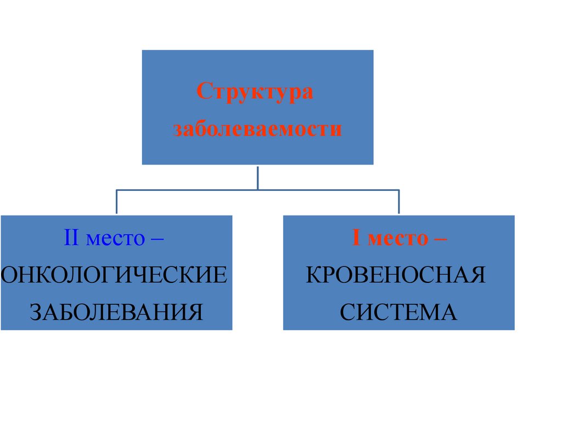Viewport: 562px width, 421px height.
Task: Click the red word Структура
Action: pos(255,92)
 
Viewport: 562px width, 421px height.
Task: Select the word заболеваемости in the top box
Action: pos(257,130)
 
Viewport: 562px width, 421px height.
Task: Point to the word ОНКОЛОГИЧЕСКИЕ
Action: pos(114,275)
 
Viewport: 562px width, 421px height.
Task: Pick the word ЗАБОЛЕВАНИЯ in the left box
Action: pos(116,312)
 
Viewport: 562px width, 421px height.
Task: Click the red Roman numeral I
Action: pos(356,238)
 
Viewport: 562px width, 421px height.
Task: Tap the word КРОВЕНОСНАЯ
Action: pos(396,275)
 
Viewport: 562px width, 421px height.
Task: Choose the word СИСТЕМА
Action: pos(398,312)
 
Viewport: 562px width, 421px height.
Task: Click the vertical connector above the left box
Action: pos(116,202)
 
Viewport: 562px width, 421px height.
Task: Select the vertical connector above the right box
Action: pos(398,202)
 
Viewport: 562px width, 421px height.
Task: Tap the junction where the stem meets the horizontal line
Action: pos(257,190)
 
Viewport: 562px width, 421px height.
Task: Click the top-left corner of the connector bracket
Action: pos(116,190)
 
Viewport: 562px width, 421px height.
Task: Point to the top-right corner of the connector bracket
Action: pos(398,190)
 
